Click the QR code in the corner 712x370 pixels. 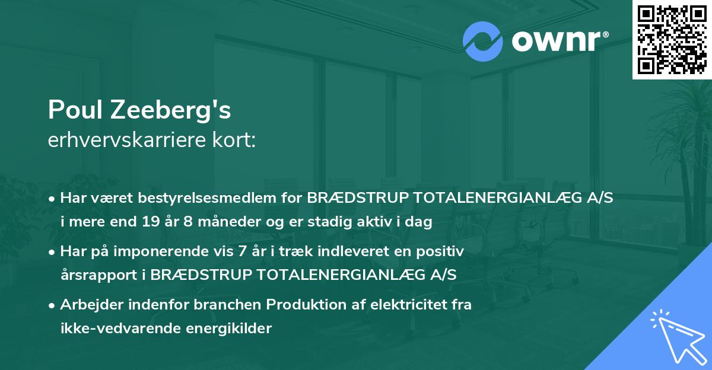pyautogui.click(x=672, y=40)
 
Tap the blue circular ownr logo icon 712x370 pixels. pyautogui.click(x=483, y=41)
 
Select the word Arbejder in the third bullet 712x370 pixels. pyautogui.click(x=87, y=305)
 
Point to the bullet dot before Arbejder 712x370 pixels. pyautogui.click(x=52, y=305)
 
